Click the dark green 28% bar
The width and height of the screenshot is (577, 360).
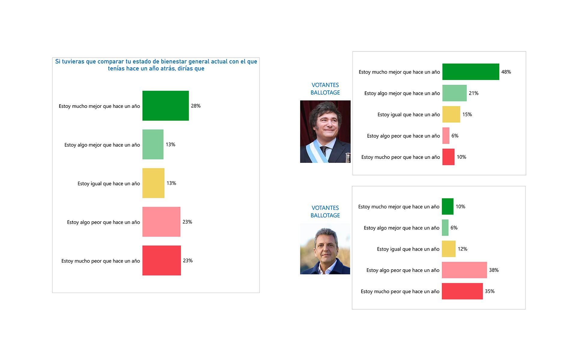[x=165, y=105]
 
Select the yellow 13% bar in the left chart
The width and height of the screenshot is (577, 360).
[x=153, y=183]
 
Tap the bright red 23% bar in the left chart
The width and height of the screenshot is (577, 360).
[x=161, y=260]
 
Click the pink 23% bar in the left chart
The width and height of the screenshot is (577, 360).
[x=161, y=222]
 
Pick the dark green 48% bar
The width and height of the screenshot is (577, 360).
[x=470, y=72]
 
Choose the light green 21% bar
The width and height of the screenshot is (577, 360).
[x=454, y=93]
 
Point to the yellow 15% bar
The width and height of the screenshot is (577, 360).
[x=451, y=114]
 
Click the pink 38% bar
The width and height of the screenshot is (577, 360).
[x=464, y=270]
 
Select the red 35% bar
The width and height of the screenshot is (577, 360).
[x=462, y=291]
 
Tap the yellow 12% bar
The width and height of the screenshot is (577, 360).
[x=448, y=249]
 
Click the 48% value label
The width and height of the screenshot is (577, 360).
[x=506, y=72]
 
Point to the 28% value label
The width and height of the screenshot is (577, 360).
[x=196, y=106]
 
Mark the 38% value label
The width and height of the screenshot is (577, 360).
[x=493, y=270]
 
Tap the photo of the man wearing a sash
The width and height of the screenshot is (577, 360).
[x=325, y=131]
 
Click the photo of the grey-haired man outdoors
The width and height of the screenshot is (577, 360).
[x=325, y=249]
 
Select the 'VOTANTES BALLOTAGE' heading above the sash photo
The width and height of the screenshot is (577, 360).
[x=325, y=89]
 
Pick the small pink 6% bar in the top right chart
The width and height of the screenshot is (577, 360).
[x=446, y=136]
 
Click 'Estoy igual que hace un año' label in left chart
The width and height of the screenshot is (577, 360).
[x=108, y=184]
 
